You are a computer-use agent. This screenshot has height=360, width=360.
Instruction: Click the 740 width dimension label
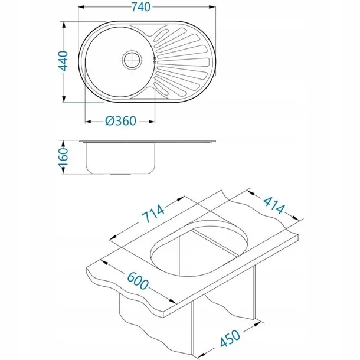coord(141,7)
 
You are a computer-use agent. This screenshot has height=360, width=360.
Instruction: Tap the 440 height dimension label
coord(63,61)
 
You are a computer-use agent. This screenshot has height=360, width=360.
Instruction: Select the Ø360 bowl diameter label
coord(121,121)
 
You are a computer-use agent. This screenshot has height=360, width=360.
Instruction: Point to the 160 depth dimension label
coord(63,157)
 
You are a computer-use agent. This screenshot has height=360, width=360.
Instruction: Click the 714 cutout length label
coord(153,214)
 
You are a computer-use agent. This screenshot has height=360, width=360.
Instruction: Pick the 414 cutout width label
coord(274,205)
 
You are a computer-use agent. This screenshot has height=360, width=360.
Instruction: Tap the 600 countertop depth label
coord(138,280)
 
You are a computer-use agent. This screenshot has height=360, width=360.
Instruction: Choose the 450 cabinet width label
coord(230,338)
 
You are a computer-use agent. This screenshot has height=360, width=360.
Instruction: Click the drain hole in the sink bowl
coord(132,60)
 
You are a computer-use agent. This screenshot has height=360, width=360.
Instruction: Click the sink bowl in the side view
coord(120,158)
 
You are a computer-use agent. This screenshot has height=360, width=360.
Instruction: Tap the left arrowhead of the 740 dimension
coord(81,7)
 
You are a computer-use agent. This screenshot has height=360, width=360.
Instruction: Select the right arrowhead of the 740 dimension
coord(212,7)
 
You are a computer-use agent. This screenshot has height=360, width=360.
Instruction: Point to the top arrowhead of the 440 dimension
coord(64,25)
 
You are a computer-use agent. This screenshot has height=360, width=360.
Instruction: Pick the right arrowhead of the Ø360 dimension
coord(152,122)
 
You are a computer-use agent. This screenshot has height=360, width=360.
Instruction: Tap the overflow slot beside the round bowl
coord(155,60)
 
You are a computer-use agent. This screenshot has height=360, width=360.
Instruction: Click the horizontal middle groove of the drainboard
coord(183,62)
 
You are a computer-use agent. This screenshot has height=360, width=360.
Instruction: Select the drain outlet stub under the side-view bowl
coord(120,174)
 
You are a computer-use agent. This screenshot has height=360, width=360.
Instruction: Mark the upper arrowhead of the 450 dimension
coord(258,323)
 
